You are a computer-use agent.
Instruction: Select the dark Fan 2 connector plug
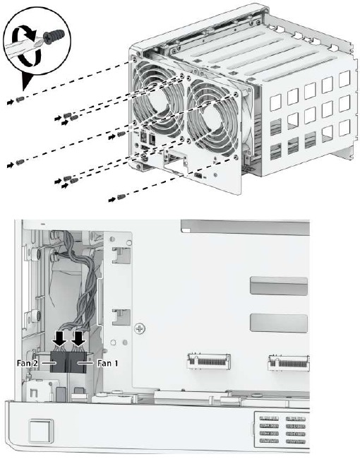[x=58, y=362]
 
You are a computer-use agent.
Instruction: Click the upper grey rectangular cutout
[x=278, y=287]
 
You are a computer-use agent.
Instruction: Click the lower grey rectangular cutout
[x=278, y=322]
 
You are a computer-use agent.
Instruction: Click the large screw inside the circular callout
[x=53, y=35]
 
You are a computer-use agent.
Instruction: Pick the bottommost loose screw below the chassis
[x=121, y=196]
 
